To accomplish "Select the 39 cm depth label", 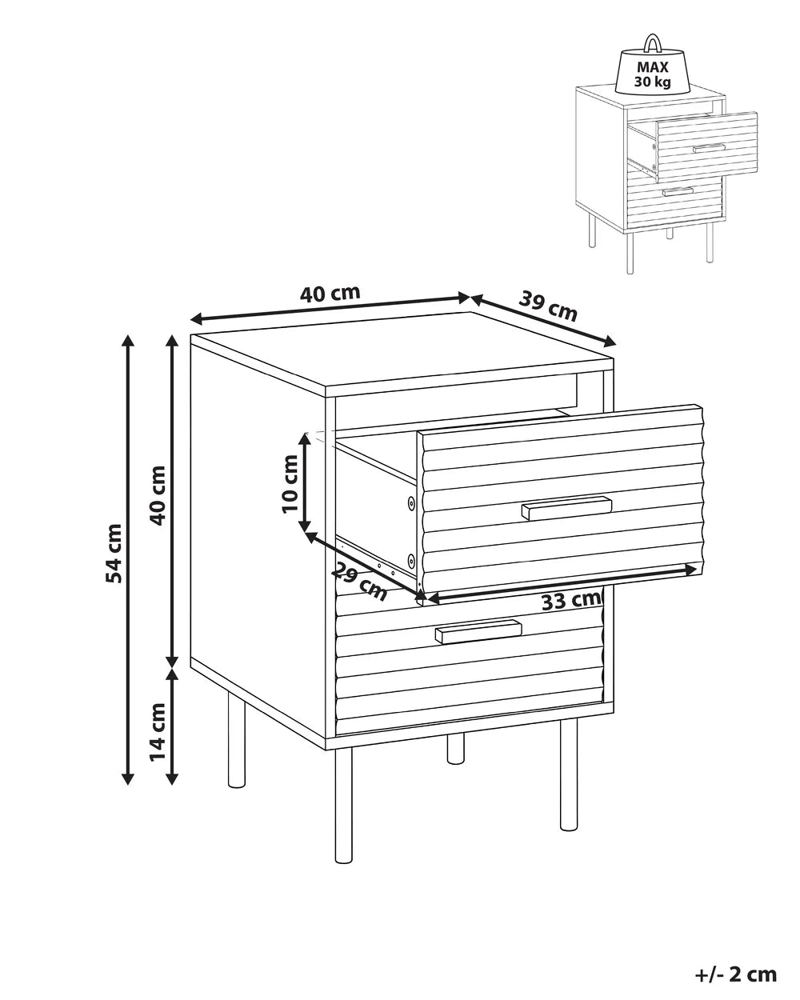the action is [548, 306].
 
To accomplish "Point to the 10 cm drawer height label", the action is [290, 484].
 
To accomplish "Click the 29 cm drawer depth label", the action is [359, 581].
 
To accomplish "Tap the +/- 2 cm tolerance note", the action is [735, 970].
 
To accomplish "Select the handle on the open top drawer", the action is [566, 507].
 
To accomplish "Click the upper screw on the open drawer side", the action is [411, 502].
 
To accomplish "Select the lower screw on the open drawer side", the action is [411, 561].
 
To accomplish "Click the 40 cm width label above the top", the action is [330, 294].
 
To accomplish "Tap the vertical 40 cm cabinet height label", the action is [158, 495].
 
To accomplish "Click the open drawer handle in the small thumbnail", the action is [709, 148].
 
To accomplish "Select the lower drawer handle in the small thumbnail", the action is [678, 191].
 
